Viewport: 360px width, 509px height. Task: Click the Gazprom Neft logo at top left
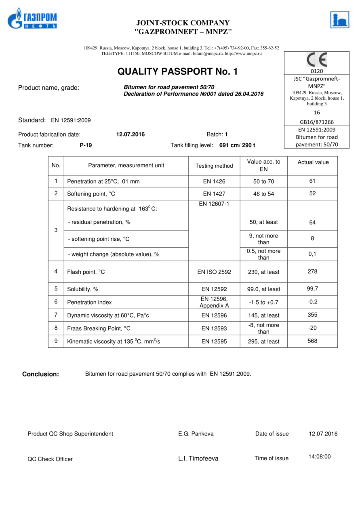[x=32, y=19]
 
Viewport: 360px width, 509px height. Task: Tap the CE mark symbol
[x=316, y=60]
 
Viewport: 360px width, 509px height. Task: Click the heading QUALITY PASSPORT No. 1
[x=177, y=72]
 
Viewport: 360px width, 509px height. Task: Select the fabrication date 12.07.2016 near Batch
[x=130, y=135]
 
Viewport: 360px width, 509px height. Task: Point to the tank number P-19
[x=86, y=145]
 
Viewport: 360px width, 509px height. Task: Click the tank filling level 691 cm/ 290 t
[x=237, y=145]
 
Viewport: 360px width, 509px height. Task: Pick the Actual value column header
[x=313, y=162]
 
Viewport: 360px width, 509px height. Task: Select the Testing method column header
[x=214, y=166]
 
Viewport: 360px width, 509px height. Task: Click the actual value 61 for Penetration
[x=312, y=181]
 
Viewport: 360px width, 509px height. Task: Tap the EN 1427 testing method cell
[x=214, y=194]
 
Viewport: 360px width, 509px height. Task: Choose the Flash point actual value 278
[x=312, y=271]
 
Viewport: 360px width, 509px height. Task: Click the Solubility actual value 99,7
[x=312, y=288]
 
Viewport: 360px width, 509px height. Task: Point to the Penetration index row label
[x=89, y=302]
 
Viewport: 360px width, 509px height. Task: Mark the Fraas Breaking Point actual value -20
[x=312, y=328]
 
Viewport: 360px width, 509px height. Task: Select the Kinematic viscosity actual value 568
[x=312, y=341]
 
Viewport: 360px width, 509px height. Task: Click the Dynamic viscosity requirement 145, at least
[x=263, y=315]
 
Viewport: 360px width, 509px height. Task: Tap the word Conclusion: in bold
[x=40, y=374]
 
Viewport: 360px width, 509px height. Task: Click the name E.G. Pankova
[x=196, y=434]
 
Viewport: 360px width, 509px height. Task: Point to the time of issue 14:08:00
[x=319, y=456]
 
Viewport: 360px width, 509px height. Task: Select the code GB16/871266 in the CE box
[x=317, y=122]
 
